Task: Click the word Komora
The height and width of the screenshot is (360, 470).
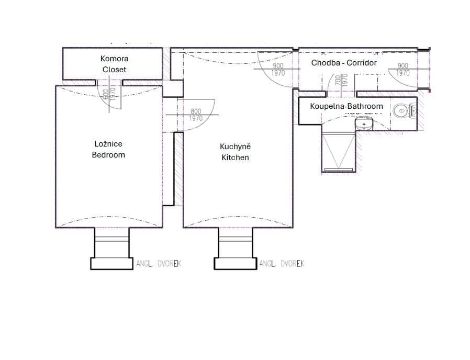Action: click(114, 59)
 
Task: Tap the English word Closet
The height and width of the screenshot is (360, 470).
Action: click(114, 70)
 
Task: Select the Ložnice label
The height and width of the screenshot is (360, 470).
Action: click(108, 144)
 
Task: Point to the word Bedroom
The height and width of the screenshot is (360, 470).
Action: click(108, 155)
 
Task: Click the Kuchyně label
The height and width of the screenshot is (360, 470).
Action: click(235, 147)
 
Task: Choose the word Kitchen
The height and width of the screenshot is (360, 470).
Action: click(235, 157)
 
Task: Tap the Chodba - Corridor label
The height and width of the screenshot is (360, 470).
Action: click(344, 63)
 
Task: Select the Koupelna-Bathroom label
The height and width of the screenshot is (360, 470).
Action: click(346, 106)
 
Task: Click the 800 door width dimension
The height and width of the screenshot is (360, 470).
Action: click(196, 111)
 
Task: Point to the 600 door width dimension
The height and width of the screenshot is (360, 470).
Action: click(106, 94)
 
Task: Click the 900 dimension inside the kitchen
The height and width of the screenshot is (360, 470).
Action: click(278, 66)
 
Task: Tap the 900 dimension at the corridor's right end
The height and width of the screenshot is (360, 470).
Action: click(402, 66)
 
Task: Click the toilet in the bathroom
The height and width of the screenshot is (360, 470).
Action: click(404, 110)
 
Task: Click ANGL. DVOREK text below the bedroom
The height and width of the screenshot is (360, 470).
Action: click(159, 264)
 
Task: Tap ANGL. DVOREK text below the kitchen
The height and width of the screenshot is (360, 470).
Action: click(282, 264)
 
